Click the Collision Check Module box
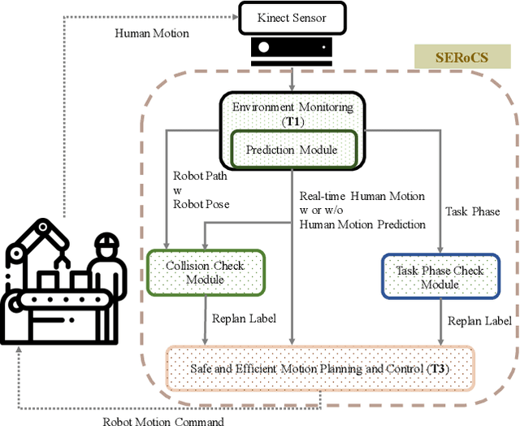[x=204, y=273]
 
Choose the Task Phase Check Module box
[x=440, y=276]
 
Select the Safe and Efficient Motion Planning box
[x=319, y=367]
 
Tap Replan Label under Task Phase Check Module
[x=480, y=320]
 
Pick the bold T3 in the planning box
[x=438, y=368]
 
